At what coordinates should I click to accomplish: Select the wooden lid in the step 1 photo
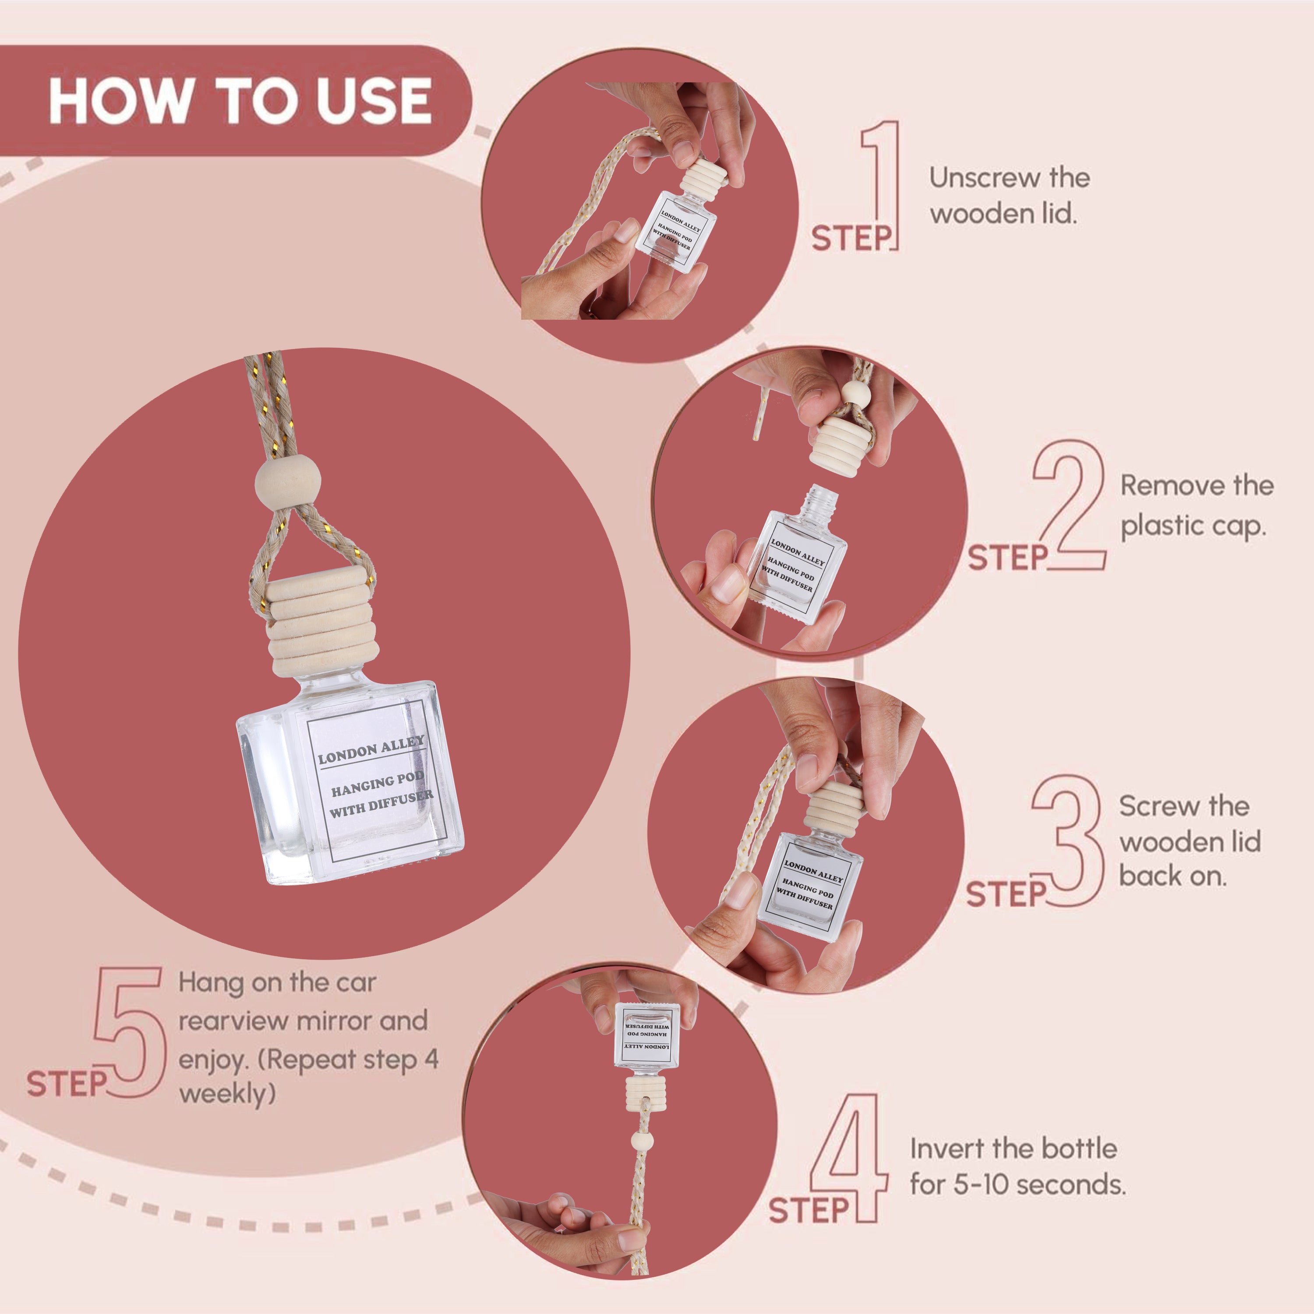[x=705, y=177]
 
